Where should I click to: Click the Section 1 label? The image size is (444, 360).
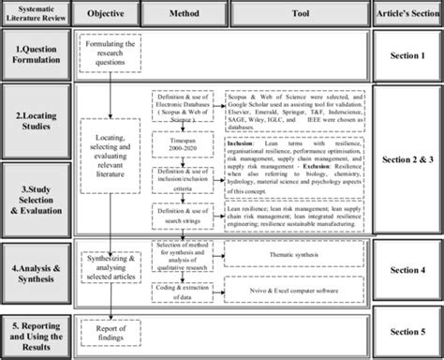point(407,52)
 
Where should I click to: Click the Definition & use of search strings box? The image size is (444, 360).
point(185,190)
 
